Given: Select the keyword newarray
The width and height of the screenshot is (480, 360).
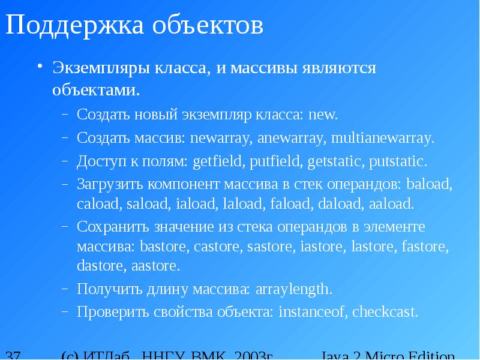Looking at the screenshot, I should (221, 138).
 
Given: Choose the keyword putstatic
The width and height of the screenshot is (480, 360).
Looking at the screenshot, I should (398, 161).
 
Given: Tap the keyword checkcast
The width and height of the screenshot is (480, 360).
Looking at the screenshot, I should (385, 312).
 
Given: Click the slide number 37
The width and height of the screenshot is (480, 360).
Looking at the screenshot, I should (13, 355).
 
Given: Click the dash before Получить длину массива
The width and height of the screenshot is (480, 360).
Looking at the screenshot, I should (65, 289).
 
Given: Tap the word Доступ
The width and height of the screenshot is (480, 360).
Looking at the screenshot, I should (98, 161).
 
